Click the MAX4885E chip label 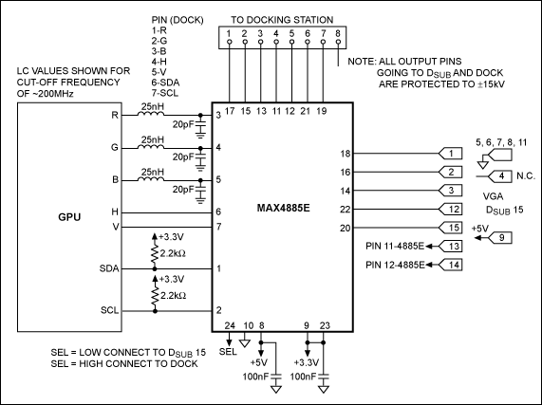[x=283, y=209]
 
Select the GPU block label [x=69, y=217]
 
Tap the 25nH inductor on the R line [x=151, y=113]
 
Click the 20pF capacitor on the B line [x=200, y=190]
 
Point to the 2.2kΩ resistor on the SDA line [x=155, y=254]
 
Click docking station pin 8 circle [x=339, y=42]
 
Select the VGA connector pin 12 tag [x=450, y=209]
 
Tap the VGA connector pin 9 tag [x=499, y=238]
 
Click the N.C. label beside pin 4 [x=526, y=176]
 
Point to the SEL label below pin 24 [x=228, y=352]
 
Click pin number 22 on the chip [x=346, y=210]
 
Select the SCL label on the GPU [x=109, y=310]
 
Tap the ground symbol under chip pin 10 [x=245, y=343]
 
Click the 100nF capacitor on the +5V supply [x=276, y=377]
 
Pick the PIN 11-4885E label [x=395, y=247]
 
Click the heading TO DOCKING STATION [x=282, y=20]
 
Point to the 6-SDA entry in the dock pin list [x=165, y=83]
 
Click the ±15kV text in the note [x=491, y=83]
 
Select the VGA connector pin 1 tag [x=450, y=154]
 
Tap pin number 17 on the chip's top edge [x=230, y=111]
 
